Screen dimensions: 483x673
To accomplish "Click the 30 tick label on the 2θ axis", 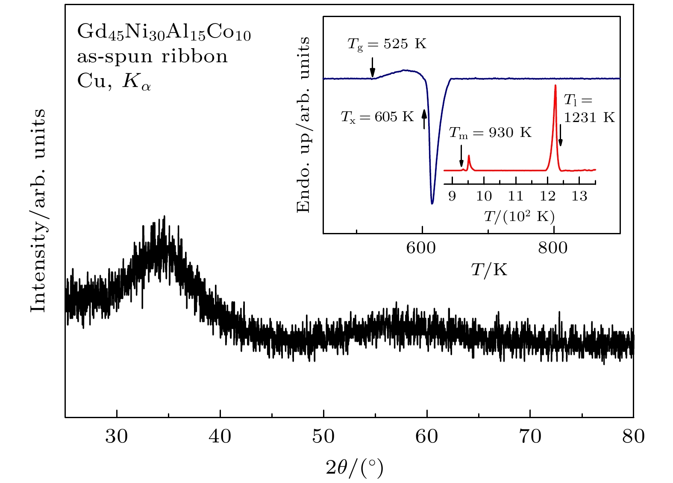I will point(116,436).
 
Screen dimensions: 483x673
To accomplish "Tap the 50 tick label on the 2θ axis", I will point(323,436).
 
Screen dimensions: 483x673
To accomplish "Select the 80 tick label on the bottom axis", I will point(633,436).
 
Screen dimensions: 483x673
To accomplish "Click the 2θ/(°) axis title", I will point(354,468).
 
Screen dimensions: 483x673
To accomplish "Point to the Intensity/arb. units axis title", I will point(38,210).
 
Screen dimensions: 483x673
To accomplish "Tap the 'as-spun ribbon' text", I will point(152,57).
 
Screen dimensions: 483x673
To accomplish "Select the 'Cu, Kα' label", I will point(114,81).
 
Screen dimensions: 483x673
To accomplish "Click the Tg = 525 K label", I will point(387,44).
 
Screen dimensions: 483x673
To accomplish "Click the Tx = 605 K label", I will point(377,117).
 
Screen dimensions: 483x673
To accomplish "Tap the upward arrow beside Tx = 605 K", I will point(424,119).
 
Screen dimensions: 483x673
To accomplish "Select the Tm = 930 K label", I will point(490,133).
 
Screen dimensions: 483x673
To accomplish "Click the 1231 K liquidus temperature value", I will point(589,117).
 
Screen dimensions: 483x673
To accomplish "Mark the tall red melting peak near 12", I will point(555,87).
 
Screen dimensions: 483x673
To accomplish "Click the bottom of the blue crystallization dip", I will point(432,203).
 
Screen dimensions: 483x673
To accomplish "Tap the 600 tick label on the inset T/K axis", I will point(421,248).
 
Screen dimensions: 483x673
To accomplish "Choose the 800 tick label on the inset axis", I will point(553,248).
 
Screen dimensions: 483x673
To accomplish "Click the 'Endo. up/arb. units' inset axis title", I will point(303,125).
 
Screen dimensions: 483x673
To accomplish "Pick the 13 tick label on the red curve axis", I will point(579,196).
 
